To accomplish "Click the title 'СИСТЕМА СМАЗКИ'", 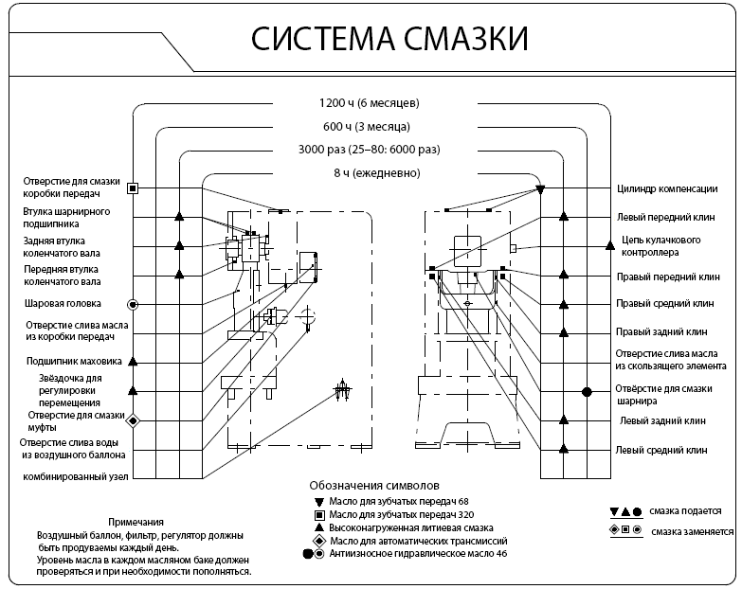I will pyautogui.click(x=389, y=39).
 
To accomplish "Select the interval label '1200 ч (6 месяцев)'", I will pyautogui.click(x=370, y=102).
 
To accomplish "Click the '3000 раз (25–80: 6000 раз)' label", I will pyautogui.click(x=370, y=150).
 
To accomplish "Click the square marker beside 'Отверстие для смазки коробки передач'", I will pyautogui.click(x=134, y=188).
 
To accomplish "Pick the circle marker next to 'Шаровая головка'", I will pyautogui.click(x=134, y=304).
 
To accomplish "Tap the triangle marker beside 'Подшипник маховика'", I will pyautogui.click(x=134, y=361).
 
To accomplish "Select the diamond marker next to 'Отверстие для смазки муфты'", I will pyautogui.click(x=134, y=420).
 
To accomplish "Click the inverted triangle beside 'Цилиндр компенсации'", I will pyautogui.click(x=540, y=189).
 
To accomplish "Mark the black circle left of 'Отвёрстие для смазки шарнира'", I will pyautogui.click(x=587, y=391).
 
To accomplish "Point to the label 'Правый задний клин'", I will pyautogui.click(x=661, y=332).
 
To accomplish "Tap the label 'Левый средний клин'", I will pyautogui.click(x=661, y=450).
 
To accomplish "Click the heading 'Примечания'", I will pyautogui.click(x=136, y=522).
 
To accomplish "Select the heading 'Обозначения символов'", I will pyautogui.click(x=376, y=483).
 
